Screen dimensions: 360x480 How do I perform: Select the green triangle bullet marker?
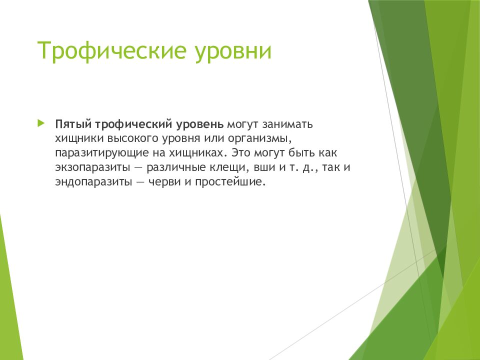[41, 122]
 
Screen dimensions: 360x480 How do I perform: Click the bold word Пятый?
[72, 123]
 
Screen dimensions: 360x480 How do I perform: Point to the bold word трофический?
[131, 123]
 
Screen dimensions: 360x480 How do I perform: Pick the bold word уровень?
[199, 123]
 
